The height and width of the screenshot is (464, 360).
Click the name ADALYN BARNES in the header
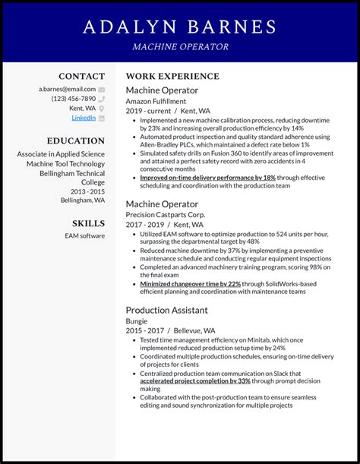click(180, 27)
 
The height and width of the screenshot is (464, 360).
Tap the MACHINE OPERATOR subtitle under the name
click(180, 46)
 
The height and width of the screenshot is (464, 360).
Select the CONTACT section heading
click(82, 77)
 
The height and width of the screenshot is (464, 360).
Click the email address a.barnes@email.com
click(67, 89)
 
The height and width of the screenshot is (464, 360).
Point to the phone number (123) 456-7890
click(74, 99)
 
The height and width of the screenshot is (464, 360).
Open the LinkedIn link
click(84, 118)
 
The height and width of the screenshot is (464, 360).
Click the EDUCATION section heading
click(76, 141)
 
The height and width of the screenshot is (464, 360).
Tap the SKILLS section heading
click(89, 223)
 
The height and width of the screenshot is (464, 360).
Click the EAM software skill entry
click(85, 236)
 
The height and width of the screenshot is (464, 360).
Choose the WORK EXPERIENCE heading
click(172, 77)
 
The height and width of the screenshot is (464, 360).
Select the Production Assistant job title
click(166, 310)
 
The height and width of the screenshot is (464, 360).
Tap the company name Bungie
click(137, 321)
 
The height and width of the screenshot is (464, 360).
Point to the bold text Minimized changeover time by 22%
click(190, 283)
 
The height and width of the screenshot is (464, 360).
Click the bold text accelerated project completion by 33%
click(195, 380)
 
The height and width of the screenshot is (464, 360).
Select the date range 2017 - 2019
click(145, 225)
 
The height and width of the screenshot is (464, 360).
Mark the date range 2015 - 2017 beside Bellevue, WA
click(145, 331)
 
